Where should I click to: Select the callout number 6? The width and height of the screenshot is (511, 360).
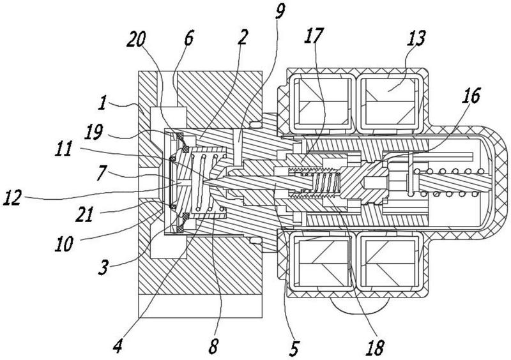[188, 38]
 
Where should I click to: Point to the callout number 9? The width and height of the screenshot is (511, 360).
[280, 11]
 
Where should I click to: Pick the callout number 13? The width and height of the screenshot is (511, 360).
[416, 38]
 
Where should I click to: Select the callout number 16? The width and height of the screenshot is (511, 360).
[471, 95]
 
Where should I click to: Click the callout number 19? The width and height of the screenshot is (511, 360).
[94, 131]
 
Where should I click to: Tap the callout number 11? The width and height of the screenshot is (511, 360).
[63, 149]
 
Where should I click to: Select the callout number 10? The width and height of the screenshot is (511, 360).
[64, 243]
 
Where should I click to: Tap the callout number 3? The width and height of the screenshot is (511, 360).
[103, 267]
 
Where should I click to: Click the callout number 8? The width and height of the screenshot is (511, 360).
[213, 347]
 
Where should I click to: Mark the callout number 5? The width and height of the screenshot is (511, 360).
[294, 347]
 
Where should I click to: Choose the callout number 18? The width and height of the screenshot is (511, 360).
[375, 347]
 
